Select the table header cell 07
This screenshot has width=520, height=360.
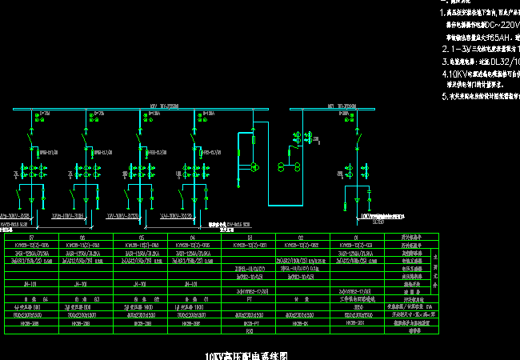coord(31,238)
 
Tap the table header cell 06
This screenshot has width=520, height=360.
coord(86,238)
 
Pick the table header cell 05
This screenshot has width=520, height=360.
coord(140,238)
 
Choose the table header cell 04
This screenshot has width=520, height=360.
coord(194,238)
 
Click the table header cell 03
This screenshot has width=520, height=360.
coord(248,238)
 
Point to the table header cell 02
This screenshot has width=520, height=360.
coord(302,238)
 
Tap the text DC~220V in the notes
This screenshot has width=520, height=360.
coord(499,24)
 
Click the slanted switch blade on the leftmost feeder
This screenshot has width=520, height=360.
coord(31,147)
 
